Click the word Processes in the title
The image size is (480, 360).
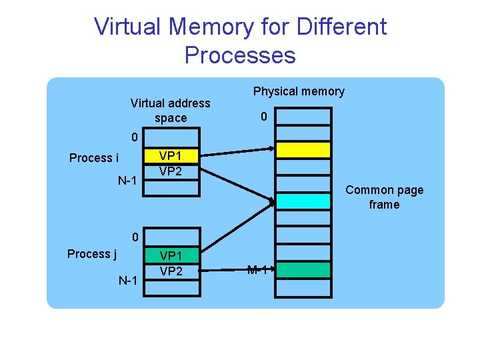point(240,55)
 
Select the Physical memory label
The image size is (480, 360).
point(299,91)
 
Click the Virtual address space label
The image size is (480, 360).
point(170,111)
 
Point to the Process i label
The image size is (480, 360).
point(94,158)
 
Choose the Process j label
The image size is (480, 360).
point(92,254)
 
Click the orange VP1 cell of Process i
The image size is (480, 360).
point(171,155)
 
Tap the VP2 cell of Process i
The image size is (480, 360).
point(171,171)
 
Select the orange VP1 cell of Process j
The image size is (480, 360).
point(171,255)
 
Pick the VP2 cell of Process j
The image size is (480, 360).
point(171,271)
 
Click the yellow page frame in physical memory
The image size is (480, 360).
point(303,149)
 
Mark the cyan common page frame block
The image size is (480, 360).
point(303,201)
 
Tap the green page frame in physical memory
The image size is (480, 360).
point(303,270)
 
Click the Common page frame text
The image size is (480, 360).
point(384,197)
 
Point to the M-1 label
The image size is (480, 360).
point(258,270)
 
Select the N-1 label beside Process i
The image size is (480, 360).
point(127,181)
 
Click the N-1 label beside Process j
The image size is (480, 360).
point(127,281)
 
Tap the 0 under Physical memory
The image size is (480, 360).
point(264,117)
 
